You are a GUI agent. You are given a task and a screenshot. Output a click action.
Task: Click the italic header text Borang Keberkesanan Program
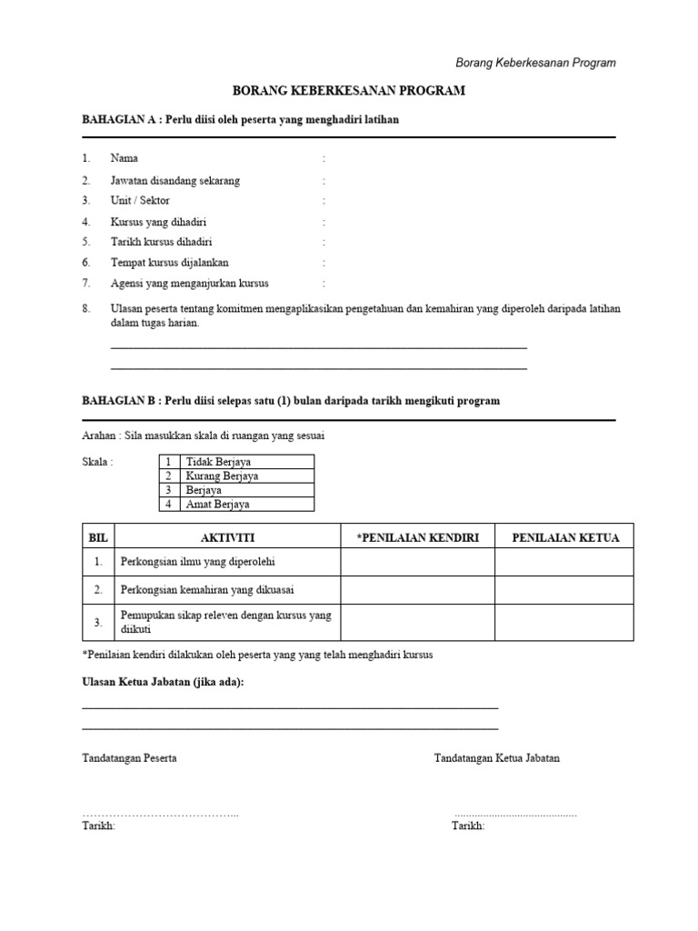click(535, 63)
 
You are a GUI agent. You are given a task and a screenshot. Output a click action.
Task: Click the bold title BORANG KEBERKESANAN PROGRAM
click(349, 91)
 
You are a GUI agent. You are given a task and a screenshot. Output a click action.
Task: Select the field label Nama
click(125, 158)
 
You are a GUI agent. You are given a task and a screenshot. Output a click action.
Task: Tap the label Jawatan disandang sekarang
click(175, 180)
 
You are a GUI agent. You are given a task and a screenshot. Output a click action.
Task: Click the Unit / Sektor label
click(140, 200)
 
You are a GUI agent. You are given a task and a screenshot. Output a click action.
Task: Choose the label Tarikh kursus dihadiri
click(162, 242)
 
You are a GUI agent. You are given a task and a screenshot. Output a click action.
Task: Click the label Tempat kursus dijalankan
click(170, 263)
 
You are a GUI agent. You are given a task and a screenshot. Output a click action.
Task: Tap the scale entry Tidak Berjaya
click(219, 462)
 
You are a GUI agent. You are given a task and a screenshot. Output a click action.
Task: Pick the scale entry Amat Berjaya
click(217, 504)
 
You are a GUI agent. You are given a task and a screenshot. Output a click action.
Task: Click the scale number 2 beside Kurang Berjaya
click(168, 476)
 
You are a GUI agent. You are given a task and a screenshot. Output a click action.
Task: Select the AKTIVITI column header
click(227, 537)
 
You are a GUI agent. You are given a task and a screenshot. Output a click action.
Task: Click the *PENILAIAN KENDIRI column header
click(417, 537)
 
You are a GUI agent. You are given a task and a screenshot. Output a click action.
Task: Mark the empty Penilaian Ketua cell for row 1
click(564, 563)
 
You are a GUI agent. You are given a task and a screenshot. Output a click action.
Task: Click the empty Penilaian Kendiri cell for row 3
click(417, 623)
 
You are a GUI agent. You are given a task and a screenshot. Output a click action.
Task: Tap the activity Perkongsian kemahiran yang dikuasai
click(207, 590)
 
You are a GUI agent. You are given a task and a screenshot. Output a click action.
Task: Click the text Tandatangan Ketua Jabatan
click(497, 757)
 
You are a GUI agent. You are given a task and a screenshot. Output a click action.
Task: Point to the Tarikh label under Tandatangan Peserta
click(98, 826)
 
